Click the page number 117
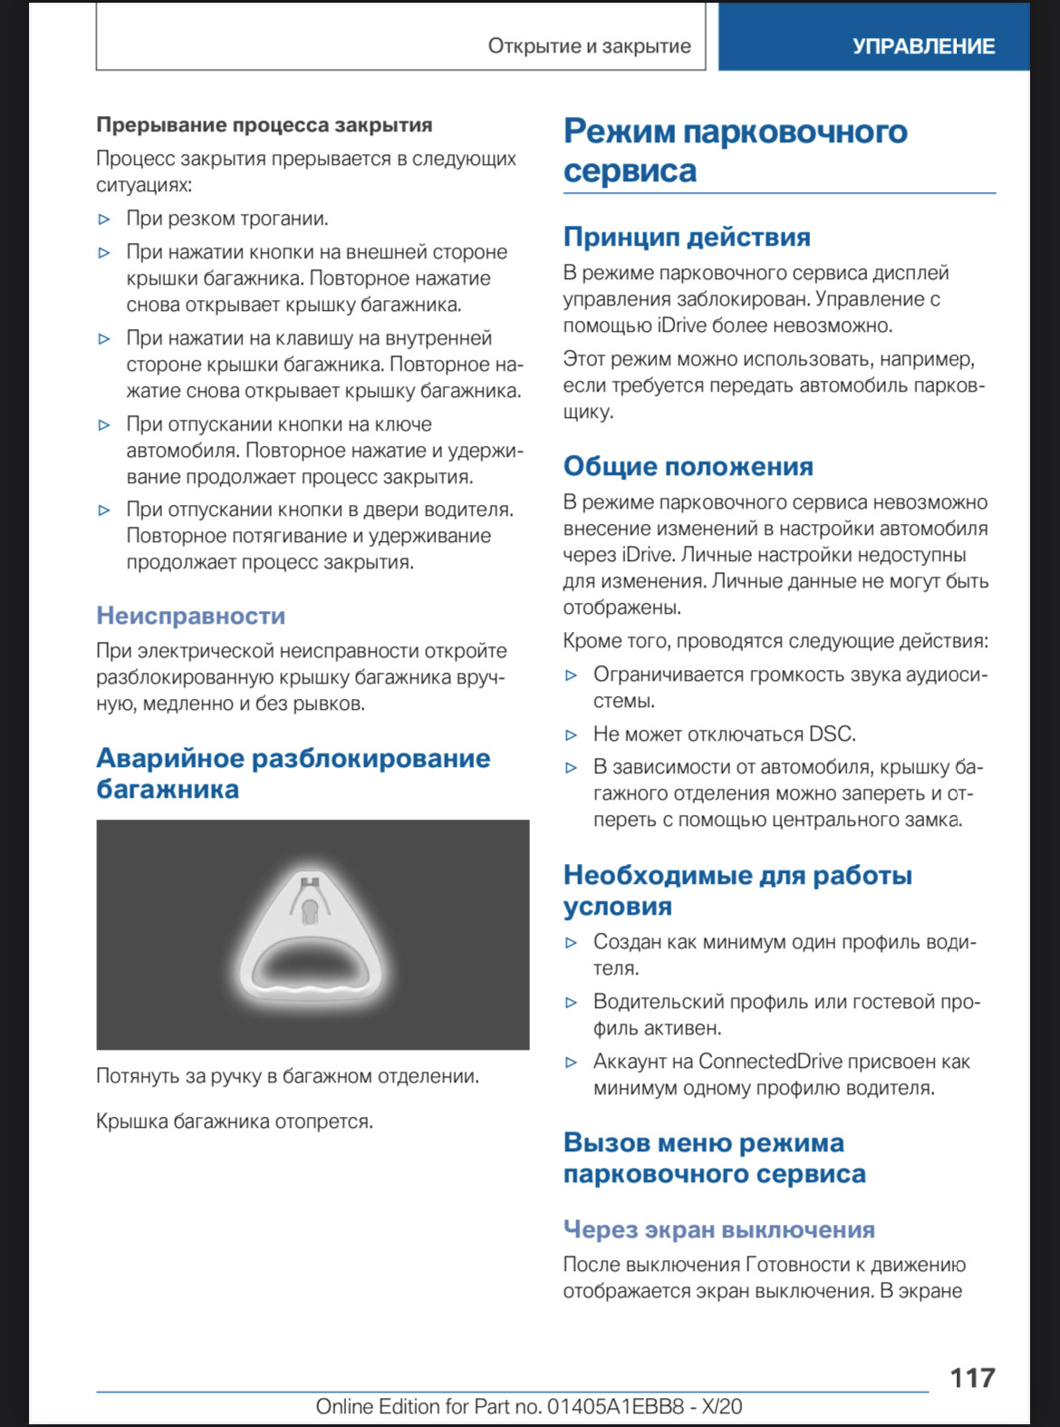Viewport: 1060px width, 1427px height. (x=971, y=1378)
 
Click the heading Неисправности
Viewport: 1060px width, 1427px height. (x=190, y=616)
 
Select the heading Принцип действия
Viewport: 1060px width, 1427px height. (x=687, y=237)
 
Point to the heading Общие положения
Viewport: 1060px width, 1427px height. (x=688, y=466)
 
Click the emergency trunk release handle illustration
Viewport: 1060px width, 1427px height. (x=312, y=936)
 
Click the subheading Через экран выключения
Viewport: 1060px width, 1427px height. (x=718, y=1229)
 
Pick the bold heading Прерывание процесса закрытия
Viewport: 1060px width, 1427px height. (x=264, y=125)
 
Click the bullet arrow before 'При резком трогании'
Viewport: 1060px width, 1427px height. (x=104, y=219)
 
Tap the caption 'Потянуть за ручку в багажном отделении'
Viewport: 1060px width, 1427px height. (x=287, y=1076)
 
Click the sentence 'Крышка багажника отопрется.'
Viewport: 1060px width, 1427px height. (x=235, y=1121)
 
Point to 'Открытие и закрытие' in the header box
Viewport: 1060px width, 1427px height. (x=589, y=46)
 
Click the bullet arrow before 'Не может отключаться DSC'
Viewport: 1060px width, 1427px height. (x=571, y=735)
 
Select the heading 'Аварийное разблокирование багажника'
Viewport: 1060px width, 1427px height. (x=293, y=773)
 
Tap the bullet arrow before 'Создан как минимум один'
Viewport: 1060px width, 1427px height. (x=571, y=943)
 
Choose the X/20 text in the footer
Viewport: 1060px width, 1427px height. (x=721, y=1406)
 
